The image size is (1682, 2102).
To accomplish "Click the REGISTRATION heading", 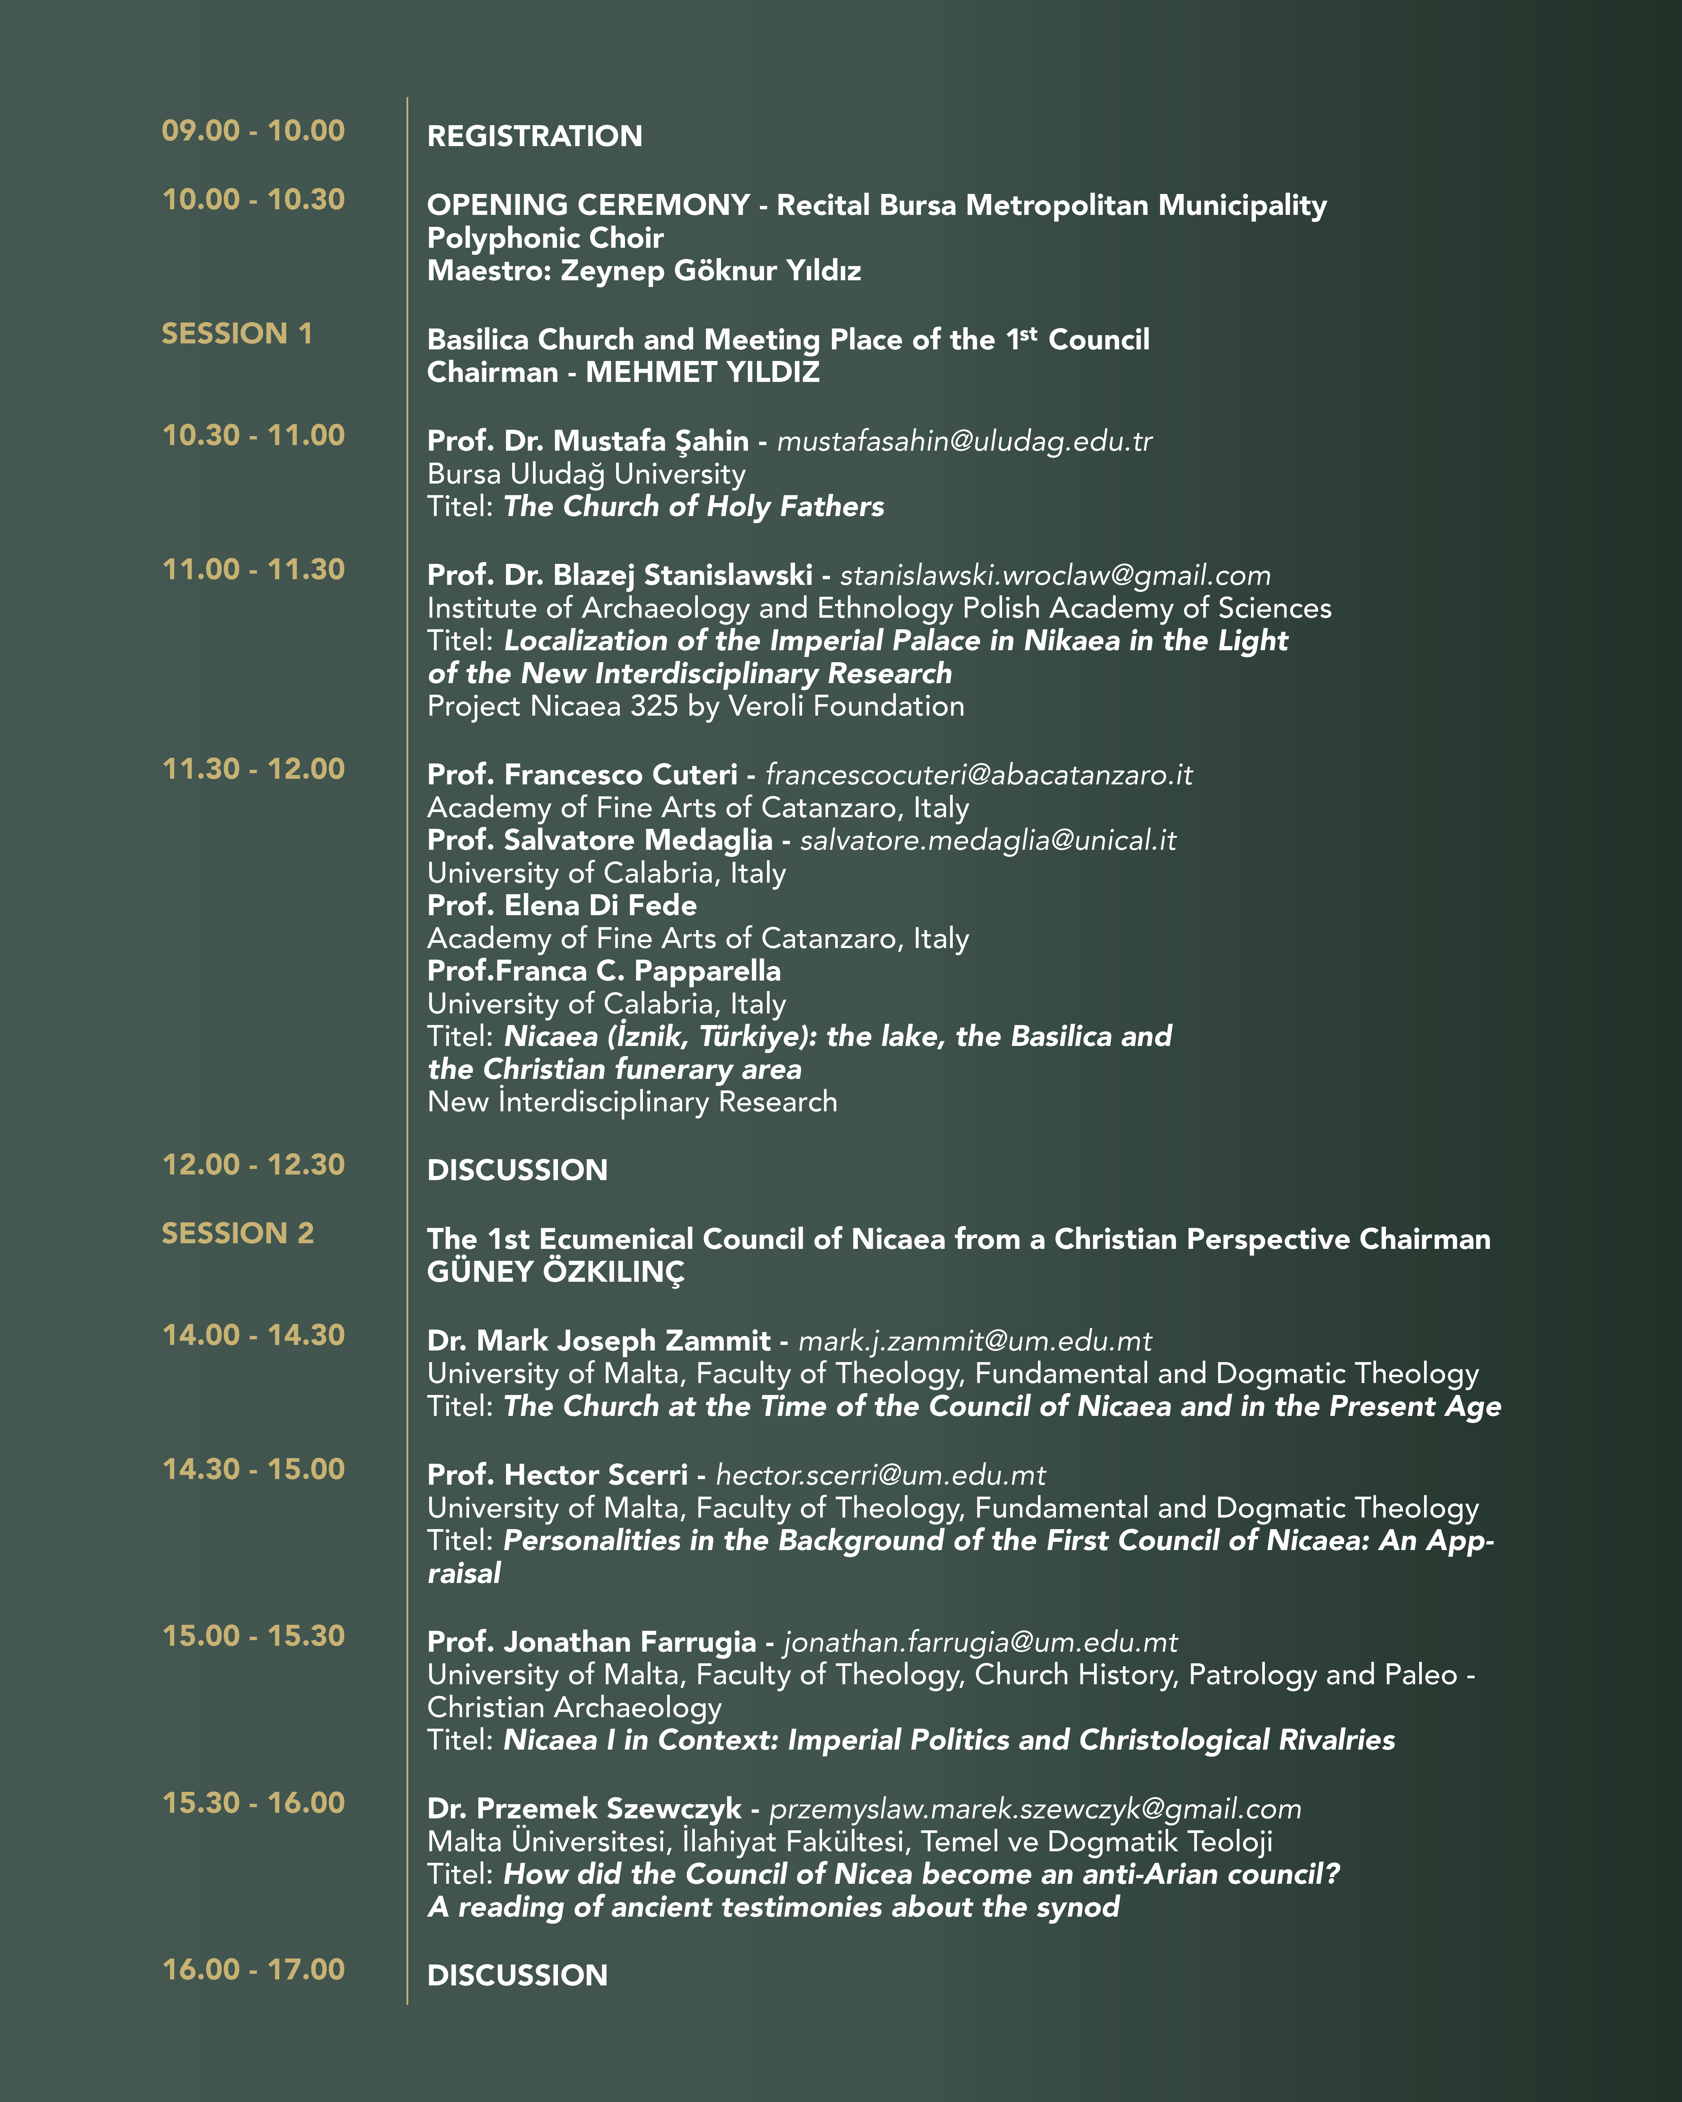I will coord(535,136).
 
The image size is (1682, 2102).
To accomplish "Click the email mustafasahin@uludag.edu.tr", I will coord(964,442).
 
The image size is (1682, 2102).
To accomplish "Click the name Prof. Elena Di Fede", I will coord(562,906).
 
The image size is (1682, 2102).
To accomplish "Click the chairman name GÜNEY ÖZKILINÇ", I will coord(556,1272).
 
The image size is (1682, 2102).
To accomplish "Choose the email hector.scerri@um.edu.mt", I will coord(881,1475).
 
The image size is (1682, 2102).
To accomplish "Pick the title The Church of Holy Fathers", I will coord(693,507).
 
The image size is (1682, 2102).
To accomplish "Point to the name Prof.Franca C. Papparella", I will coord(604,971).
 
